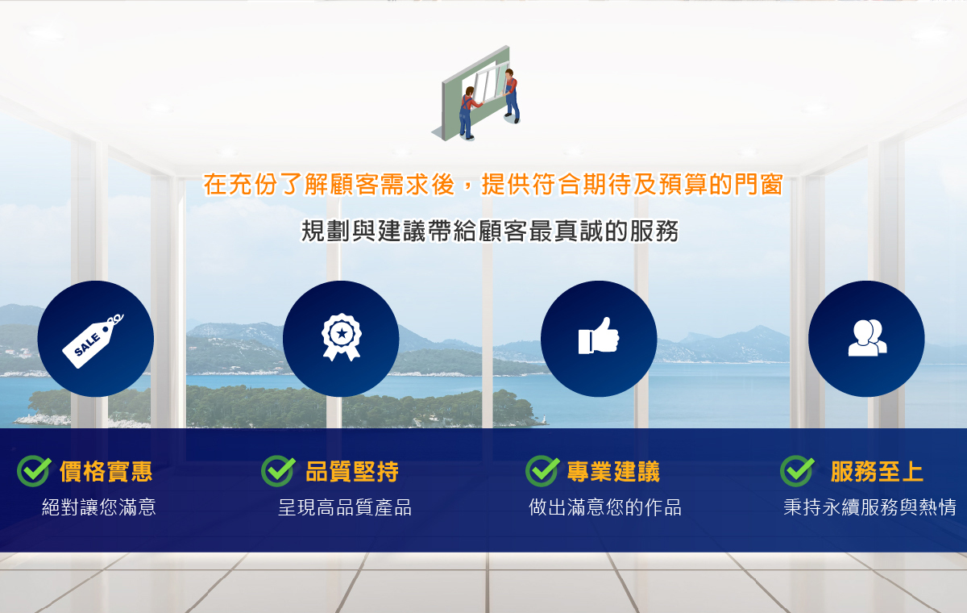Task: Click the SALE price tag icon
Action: pyautogui.click(x=93, y=341)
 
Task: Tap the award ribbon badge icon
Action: pyautogui.click(x=342, y=337)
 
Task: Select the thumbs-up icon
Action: pyautogui.click(x=599, y=336)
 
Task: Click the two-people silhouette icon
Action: pyautogui.click(x=867, y=338)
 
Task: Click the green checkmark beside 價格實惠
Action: pyautogui.click(x=34, y=471)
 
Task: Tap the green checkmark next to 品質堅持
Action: pyautogui.click(x=278, y=471)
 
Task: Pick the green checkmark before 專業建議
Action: pyautogui.click(x=542, y=471)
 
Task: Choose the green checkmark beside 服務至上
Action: pyautogui.click(x=797, y=471)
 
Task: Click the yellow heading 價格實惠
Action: pyautogui.click(x=106, y=471)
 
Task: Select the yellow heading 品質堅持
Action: pyautogui.click(x=352, y=471)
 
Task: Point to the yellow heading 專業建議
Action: pyautogui.click(x=613, y=471)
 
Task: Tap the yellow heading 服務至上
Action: pyautogui.click(x=877, y=471)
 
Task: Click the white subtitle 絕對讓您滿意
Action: pyautogui.click(x=99, y=507)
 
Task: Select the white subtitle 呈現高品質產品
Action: pyautogui.click(x=345, y=507)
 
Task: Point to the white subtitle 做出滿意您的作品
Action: pyautogui.click(x=605, y=507)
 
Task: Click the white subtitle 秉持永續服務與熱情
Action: pyautogui.click(x=869, y=507)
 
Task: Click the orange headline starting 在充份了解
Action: pyautogui.click(x=493, y=185)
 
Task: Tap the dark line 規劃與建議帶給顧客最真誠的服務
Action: pyautogui.click(x=490, y=231)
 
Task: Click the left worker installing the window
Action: pyautogui.click(x=468, y=113)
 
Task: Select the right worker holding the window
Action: pyautogui.click(x=512, y=96)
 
